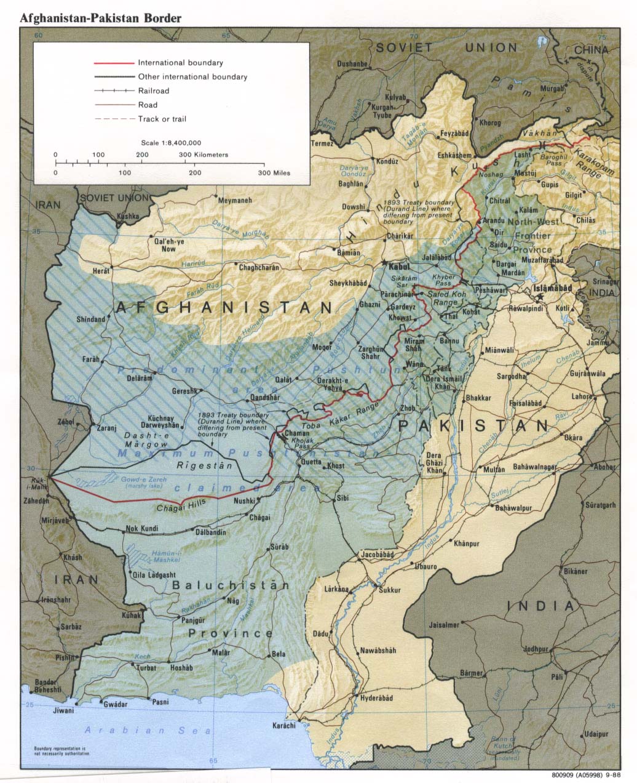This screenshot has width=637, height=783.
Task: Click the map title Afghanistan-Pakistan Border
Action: pos(101,18)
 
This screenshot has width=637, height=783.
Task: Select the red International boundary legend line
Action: pos(114,63)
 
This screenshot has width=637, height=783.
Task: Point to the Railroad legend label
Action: pos(154,91)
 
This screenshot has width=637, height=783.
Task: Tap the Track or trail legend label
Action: pos(162,119)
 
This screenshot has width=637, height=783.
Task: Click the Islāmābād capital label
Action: pos(552,288)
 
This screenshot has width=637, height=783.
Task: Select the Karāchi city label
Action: pos(284,726)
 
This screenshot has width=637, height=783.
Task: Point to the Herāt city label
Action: pos(101,271)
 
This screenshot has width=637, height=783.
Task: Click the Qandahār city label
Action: pos(265,398)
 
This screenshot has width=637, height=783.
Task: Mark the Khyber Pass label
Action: pos(445,281)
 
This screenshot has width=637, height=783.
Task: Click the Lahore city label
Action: pos(582,397)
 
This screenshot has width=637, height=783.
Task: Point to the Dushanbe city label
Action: pos(352,64)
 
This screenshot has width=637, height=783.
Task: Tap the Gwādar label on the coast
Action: pos(116,704)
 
